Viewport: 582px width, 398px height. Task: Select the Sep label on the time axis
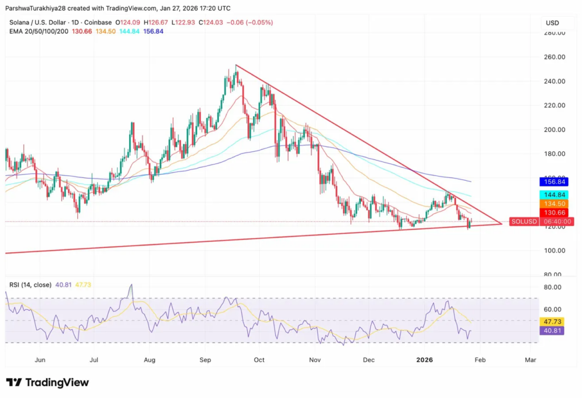pos(206,360)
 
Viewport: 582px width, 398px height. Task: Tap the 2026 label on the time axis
pos(425,360)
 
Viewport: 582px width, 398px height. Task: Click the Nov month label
pos(314,360)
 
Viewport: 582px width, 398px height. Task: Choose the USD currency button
pos(552,23)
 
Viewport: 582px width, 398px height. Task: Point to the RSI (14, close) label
pos(28,284)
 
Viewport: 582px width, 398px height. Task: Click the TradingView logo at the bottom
pos(48,383)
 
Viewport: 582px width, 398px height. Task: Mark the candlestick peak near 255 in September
pos(236,67)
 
